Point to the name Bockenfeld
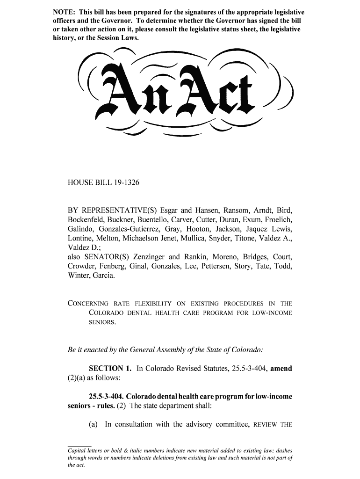(87, 219)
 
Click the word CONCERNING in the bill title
(88, 304)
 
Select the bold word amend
(281, 369)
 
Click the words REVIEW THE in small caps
(273, 425)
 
